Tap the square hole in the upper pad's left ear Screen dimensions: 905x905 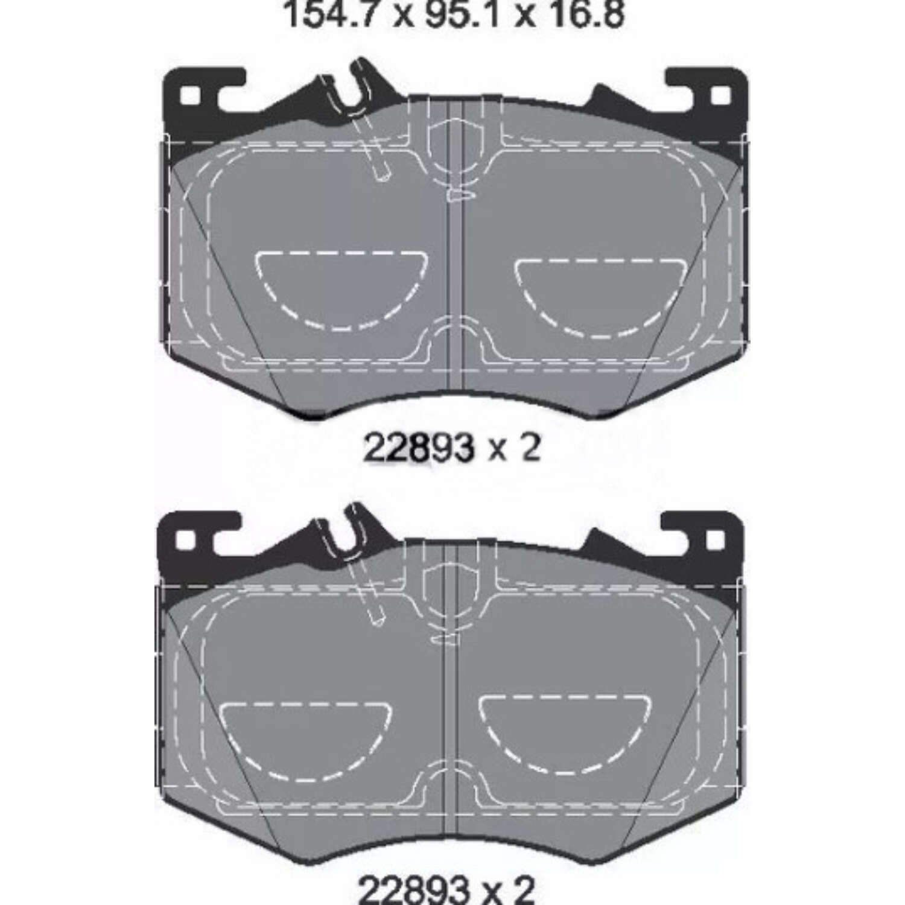(x=190, y=96)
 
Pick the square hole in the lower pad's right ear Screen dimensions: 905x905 (x=716, y=539)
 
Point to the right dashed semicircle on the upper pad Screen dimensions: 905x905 (x=600, y=296)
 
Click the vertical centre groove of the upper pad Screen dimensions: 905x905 (x=456, y=271)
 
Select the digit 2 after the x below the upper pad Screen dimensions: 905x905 (x=529, y=449)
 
